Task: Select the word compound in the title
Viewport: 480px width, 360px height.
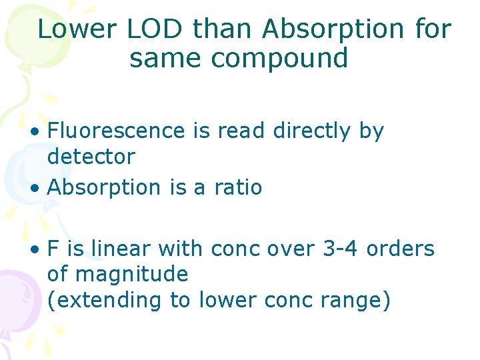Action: point(279,59)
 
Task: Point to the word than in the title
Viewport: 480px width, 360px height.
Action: point(224,29)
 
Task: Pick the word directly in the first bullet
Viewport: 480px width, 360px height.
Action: point(313,131)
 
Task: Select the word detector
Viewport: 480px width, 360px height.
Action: point(91,157)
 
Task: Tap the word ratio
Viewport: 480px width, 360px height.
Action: point(238,188)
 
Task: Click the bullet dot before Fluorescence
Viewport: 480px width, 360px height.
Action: point(33,132)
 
